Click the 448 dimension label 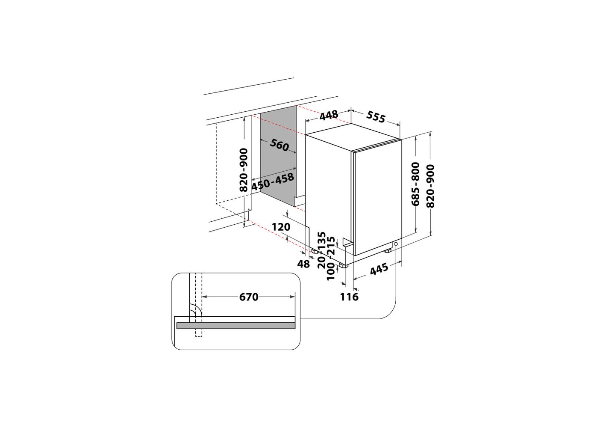(329, 115)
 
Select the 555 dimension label (376, 116)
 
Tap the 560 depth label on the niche (279, 145)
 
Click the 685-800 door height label (416, 184)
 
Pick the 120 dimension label (281, 226)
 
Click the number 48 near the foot (303, 264)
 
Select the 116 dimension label (349, 297)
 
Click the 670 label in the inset (249, 297)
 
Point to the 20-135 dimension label (322, 250)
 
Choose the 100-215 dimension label (331, 259)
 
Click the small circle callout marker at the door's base (396, 244)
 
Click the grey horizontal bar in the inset (236, 326)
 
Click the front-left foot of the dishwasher (343, 265)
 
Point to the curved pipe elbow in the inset (196, 310)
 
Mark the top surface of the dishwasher (353, 137)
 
